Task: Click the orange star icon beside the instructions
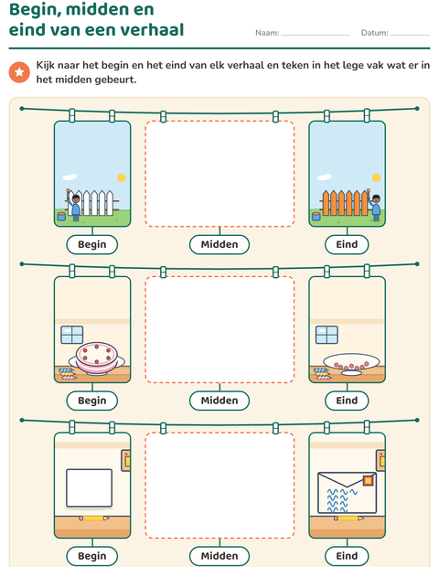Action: pyautogui.click(x=19, y=72)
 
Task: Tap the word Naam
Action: pyautogui.click(x=267, y=33)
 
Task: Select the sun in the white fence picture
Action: pyautogui.click(x=122, y=177)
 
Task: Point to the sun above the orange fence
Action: pyautogui.click(x=377, y=177)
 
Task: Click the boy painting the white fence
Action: pyautogui.click(x=74, y=205)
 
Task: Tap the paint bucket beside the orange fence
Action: pyautogui.click(x=316, y=216)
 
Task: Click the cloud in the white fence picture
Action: pyautogui.click(x=70, y=177)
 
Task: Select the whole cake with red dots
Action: pyautogui.click(x=97, y=358)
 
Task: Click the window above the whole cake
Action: pyautogui.click(x=72, y=335)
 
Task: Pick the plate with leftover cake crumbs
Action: pyautogui.click(x=351, y=363)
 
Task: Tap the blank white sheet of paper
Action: pyautogui.click(x=89, y=487)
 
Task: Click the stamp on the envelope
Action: pyautogui.click(x=369, y=480)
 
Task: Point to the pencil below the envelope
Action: pyautogui.click(x=348, y=519)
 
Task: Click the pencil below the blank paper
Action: pyautogui.click(x=94, y=519)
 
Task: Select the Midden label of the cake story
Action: pyautogui.click(x=219, y=401)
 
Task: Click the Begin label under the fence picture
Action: pyautogui.click(x=92, y=244)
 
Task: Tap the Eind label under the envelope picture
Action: pyautogui.click(x=347, y=556)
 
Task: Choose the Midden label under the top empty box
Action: pyautogui.click(x=219, y=244)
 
